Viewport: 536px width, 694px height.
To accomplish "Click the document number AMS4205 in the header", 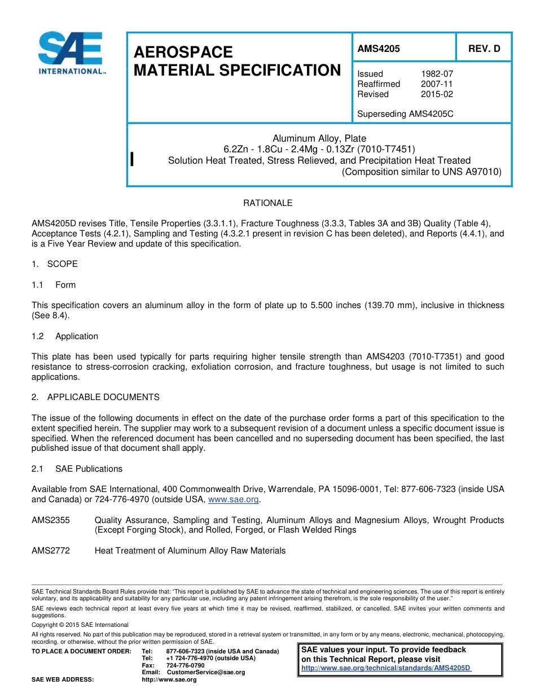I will point(379,49).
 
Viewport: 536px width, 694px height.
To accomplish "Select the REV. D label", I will point(484,49).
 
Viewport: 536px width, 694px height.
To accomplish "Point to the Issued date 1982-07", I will point(437,74).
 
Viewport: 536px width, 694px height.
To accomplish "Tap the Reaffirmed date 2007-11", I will point(437,84).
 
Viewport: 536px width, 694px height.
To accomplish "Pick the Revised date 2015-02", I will point(437,94).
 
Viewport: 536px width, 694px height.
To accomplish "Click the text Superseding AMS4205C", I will point(405,114).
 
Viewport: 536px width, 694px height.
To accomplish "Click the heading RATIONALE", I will point(267,203).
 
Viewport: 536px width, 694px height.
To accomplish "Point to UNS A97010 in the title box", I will point(471,172).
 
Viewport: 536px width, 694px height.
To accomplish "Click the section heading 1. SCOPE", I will point(55,264).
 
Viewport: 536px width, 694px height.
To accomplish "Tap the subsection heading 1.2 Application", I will point(65,336).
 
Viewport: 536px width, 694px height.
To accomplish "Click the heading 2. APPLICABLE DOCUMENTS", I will point(95,397).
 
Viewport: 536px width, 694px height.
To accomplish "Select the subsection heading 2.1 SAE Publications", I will point(77,469).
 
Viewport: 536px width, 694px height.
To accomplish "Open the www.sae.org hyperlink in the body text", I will point(233,500).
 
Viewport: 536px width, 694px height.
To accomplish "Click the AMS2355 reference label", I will point(51,520).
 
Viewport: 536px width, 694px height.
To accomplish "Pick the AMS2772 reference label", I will point(51,551).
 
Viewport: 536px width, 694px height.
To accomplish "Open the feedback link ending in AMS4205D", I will point(386,668).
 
